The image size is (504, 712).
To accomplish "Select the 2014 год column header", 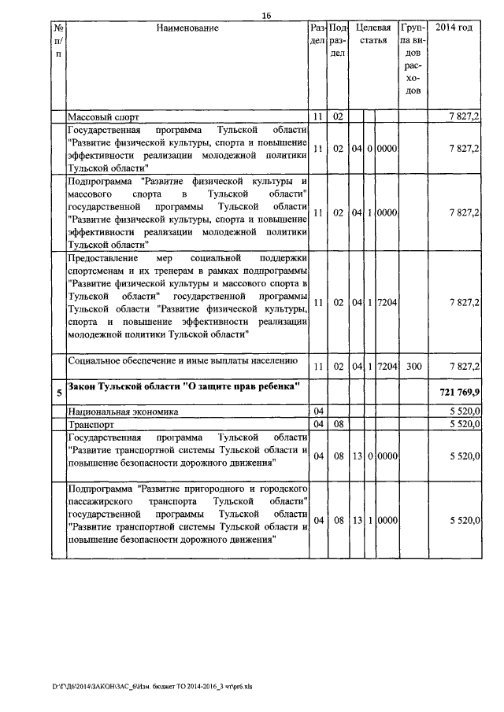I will point(454,28).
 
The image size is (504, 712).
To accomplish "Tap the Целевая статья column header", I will point(373,35).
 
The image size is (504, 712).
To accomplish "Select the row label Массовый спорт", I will point(103,117).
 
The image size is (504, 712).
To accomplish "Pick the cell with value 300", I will point(414,367).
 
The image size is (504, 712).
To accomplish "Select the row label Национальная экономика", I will point(123,411).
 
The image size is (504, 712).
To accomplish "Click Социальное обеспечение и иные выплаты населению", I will point(183,361).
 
